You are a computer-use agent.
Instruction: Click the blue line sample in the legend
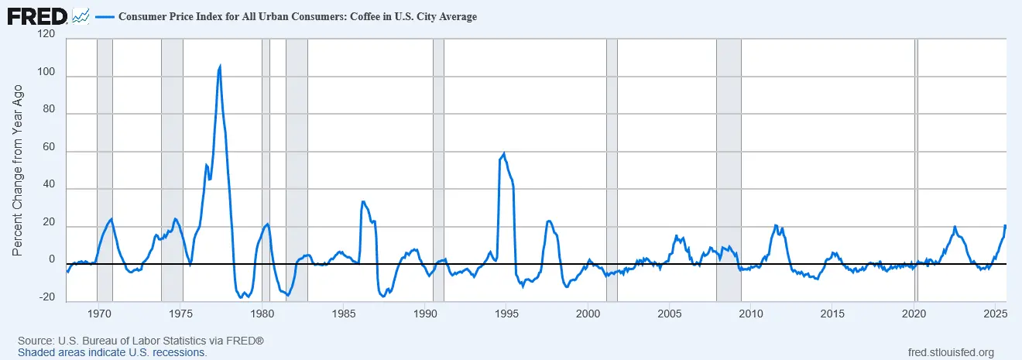pos(104,16)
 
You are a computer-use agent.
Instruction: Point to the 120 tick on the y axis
pos(46,34)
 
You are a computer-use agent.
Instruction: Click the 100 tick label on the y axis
pos(46,77)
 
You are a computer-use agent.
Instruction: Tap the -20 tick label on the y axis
pos(46,297)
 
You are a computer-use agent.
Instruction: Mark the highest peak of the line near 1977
pos(220,67)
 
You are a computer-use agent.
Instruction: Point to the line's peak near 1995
pos(504,153)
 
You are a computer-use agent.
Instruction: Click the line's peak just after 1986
pos(362,202)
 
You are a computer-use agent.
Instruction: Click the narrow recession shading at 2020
pos(917,170)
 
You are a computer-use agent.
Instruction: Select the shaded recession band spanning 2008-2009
pos(729,170)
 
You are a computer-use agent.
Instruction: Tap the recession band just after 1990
pos(438,170)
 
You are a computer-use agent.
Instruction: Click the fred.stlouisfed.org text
pos(950,352)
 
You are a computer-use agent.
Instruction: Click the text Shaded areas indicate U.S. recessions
pos(112,352)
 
